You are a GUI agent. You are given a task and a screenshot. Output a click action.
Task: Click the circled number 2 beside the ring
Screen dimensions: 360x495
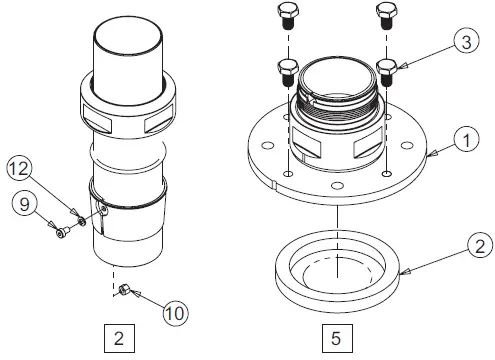click(480, 245)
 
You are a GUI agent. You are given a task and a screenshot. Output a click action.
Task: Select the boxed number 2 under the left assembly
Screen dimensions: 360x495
click(118, 338)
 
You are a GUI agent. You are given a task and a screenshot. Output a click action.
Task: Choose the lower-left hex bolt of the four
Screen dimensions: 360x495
click(285, 71)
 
